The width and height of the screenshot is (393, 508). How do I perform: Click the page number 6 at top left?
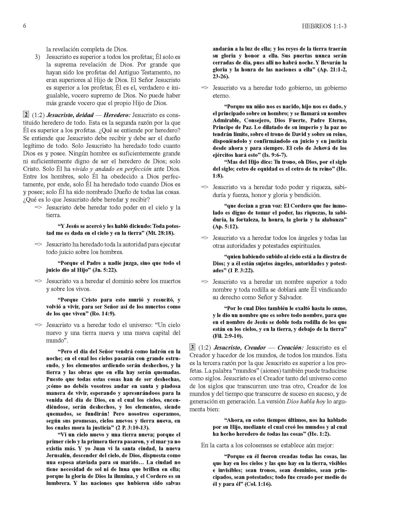(24, 26)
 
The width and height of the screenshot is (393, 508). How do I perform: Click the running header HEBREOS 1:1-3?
(325, 26)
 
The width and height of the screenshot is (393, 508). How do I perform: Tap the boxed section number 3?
(192, 347)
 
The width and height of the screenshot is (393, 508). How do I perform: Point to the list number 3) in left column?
(38, 57)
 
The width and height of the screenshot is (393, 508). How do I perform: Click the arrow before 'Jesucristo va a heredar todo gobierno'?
(205, 88)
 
